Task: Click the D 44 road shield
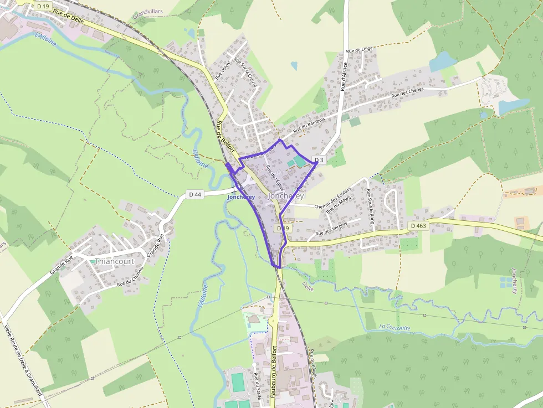(x=195, y=194)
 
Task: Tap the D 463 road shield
(x=419, y=226)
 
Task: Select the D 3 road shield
(x=319, y=160)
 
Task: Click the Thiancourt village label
(x=114, y=261)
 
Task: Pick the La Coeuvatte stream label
(x=395, y=327)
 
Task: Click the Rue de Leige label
(x=359, y=50)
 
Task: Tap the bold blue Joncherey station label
(x=241, y=197)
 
